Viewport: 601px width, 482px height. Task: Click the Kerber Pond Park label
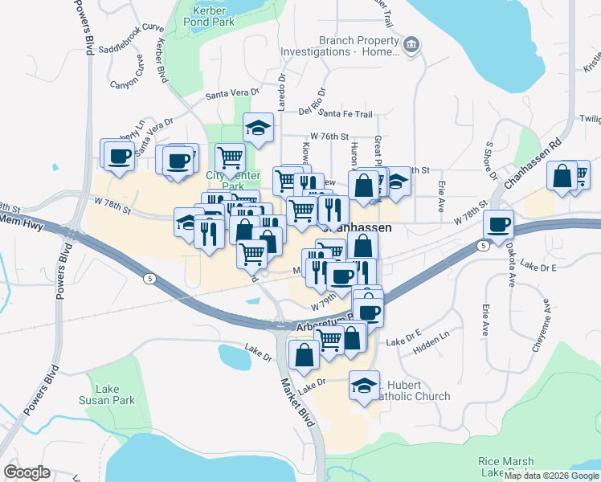[x=213, y=16]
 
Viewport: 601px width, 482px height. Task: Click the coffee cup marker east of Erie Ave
[x=498, y=225]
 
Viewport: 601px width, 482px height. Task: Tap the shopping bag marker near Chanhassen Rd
[x=562, y=176]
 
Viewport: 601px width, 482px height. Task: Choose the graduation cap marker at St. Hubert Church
[x=364, y=385]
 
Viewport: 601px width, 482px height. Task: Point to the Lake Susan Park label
[x=107, y=394]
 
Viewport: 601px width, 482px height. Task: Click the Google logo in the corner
[x=27, y=472]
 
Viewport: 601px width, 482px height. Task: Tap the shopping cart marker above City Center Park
[x=230, y=157]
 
